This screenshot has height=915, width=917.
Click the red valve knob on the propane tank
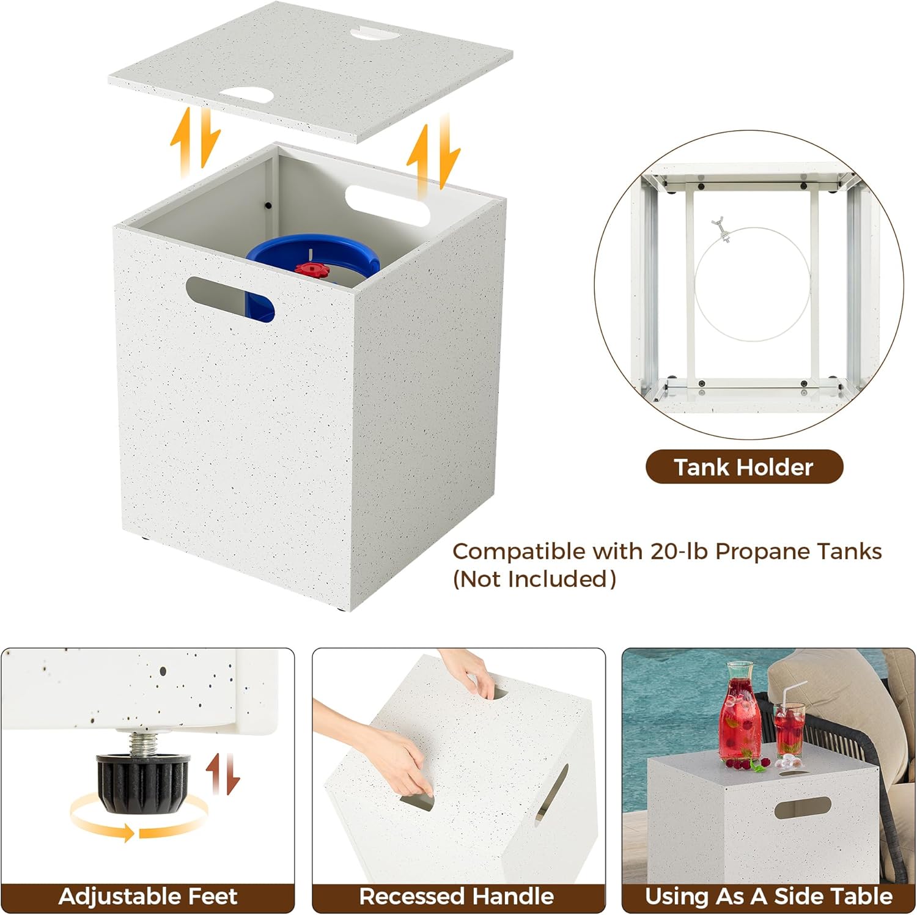click(x=312, y=269)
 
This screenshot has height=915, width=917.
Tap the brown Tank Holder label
click(x=744, y=467)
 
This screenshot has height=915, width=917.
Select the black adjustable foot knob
click(x=142, y=783)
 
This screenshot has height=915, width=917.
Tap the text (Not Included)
click(x=534, y=579)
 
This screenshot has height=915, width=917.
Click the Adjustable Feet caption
click(x=147, y=896)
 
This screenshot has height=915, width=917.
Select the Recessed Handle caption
click(x=456, y=896)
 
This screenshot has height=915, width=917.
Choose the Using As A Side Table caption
click(x=768, y=896)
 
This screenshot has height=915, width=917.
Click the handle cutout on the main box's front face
click(x=230, y=298)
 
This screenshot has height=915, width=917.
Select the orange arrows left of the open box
click(x=195, y=141)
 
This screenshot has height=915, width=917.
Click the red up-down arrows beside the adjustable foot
click(x=223, y=773)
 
